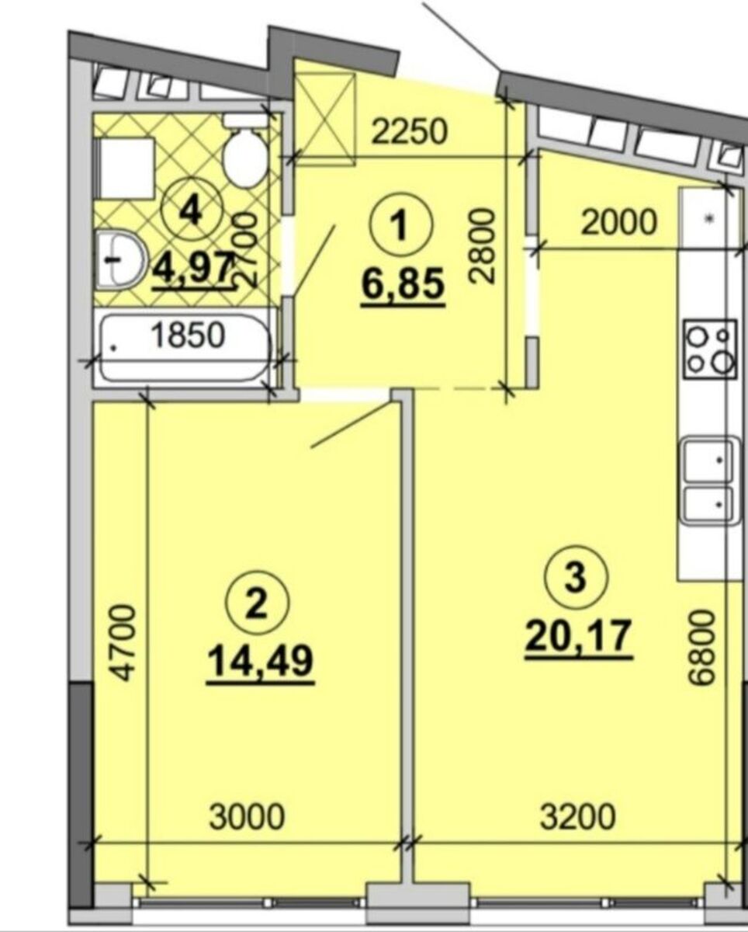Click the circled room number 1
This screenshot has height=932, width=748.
400,224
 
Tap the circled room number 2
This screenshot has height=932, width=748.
257,603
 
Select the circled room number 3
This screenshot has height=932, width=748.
577,577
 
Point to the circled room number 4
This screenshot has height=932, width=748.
192,209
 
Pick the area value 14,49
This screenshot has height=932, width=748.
261,663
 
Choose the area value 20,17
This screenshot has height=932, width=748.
580,637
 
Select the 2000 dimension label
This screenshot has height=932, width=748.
619,223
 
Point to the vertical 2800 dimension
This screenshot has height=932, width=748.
483,246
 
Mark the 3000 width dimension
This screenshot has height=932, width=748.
247,816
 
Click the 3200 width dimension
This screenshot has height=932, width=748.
577,816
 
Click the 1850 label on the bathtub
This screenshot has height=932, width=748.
189,335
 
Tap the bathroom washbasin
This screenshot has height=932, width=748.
119,259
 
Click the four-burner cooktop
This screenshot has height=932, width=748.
710,349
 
